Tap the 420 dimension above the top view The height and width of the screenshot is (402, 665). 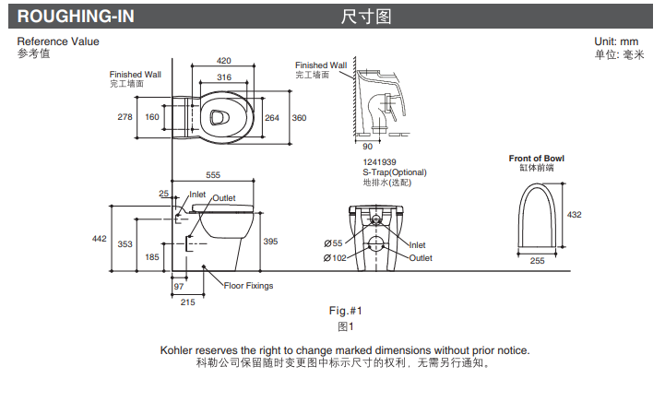click(224, 60)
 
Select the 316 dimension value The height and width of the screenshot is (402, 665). click(224, 77)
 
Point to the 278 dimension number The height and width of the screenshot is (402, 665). click(125, 117)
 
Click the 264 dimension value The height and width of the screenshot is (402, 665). click(272, 118)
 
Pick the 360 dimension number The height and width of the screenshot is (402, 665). click(300, 118)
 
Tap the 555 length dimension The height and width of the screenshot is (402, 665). click(213, 175)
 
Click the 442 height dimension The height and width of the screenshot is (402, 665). click(100, 239)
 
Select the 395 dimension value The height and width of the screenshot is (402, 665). click(270, 240)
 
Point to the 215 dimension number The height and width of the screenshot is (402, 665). click(187, 302)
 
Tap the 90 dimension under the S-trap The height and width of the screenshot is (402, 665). click(366, 147)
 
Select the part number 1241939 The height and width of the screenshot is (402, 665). click(379, 161)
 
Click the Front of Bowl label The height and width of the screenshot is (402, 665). click(537, 159)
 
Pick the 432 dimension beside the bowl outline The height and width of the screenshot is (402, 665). click(574, 215)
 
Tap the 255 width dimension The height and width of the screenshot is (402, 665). click(538, 261)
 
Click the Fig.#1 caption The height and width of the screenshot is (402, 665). click(346, 311)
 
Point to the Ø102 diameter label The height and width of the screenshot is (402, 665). click(334, 258)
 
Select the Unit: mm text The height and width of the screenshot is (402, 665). click(617, 41)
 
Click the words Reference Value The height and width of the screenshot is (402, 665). click(58, 41)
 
